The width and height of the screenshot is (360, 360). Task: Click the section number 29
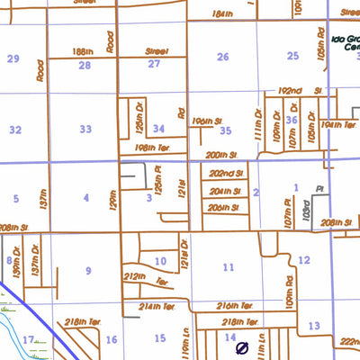pos(12,58)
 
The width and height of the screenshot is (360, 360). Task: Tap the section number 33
pos(85,129)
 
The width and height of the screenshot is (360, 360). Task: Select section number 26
pos(222,57)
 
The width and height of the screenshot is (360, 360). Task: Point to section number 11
pos(228,266)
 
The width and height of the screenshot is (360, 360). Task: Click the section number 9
pos(87,270)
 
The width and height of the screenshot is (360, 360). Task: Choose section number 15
pos(159,337)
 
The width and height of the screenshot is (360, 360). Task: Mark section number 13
pos(313,325)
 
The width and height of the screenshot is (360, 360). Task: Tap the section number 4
pos(85,197)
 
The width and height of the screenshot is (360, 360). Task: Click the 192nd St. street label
pos(300,91)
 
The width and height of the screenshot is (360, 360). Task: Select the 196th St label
pos(206,120)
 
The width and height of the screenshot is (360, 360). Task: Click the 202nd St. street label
pos(225,173)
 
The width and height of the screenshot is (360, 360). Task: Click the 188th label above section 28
pos(85,52)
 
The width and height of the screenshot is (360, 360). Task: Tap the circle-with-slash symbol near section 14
pos(241,347)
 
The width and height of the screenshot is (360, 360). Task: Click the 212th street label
pos(134,276)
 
